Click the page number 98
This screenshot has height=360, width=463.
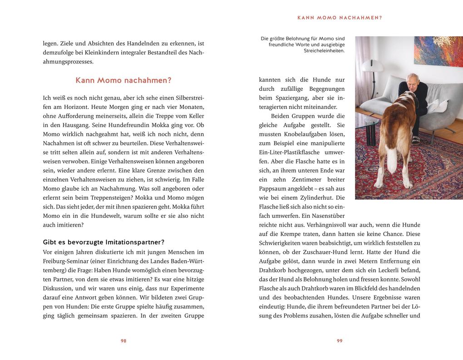(x=123, y=341)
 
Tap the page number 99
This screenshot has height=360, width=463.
(x=340, y=341)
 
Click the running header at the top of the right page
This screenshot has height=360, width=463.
(x=340, y=18)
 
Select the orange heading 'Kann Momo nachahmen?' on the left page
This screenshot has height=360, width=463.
(x=123, y=80)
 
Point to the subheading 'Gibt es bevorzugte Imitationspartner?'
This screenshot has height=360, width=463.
(x=103, y=242)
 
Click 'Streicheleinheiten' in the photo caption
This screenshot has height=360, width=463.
(x=324, y=51)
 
